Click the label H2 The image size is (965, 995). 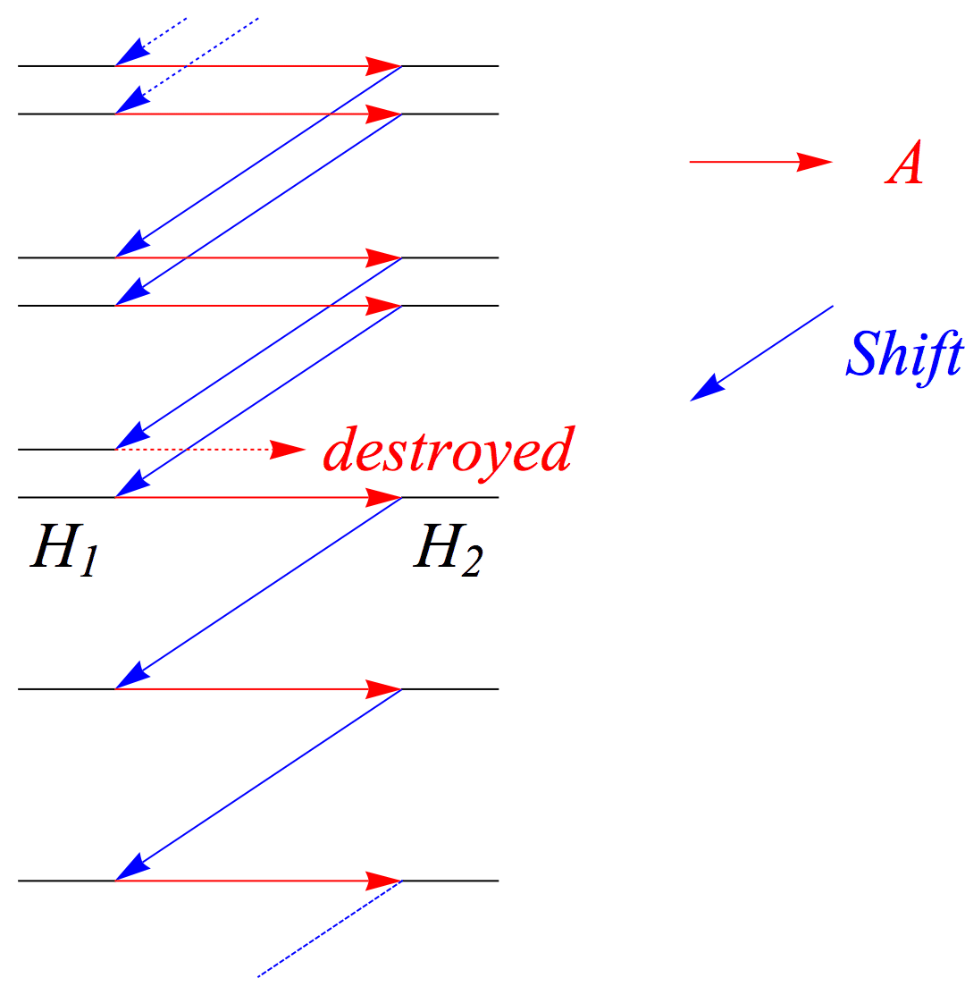(447, 548)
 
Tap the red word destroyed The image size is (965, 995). (447, 449)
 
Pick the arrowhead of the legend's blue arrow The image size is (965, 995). (706, 388)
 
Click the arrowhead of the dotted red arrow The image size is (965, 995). (288, 449)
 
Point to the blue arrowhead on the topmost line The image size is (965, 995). (130, 55)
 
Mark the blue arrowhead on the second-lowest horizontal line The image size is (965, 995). (130, 676)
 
